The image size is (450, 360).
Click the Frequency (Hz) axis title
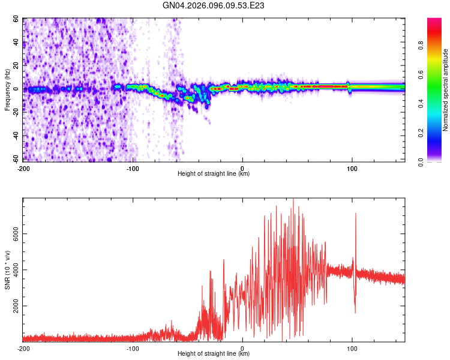[8, 90]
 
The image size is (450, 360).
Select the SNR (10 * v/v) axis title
[8, 270]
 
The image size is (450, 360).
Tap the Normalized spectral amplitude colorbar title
[446, 90]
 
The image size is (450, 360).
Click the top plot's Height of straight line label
[214, 173]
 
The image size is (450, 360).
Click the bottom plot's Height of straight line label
[214, 354]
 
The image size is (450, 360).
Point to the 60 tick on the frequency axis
[16, 19]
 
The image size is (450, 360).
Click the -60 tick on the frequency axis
[15, 159]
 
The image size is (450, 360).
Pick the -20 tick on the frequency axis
[15, 112]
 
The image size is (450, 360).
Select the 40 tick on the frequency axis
[16, 42]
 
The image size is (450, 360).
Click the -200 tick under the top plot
[24, 167]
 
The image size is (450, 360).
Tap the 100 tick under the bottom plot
[352, 348]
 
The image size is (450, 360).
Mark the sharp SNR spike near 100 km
[356, 214]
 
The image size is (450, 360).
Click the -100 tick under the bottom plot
[133, 348]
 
